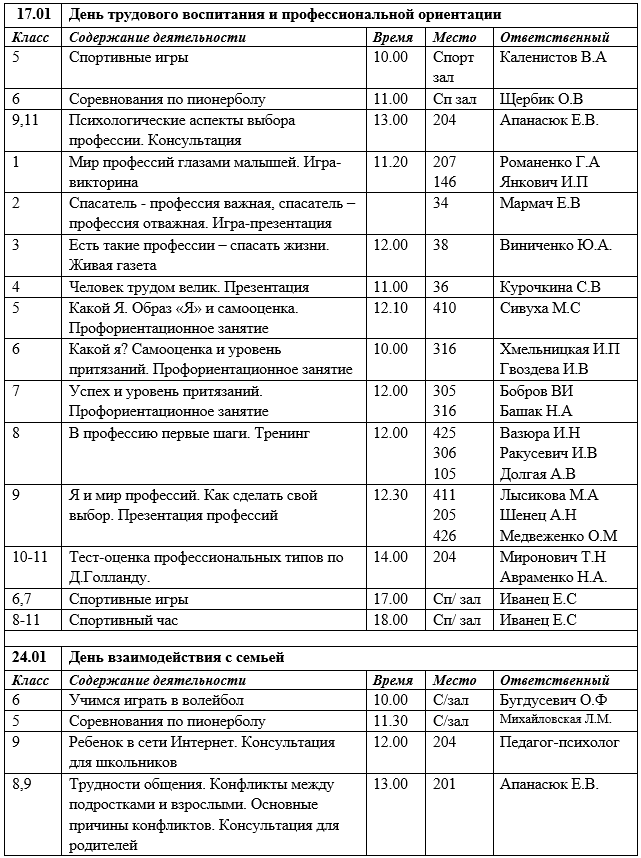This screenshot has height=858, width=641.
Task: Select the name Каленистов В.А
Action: [552, 57]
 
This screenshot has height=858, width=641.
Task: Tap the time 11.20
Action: [390, 160]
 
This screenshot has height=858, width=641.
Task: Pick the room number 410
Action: [444, 307]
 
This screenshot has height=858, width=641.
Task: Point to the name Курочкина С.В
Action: [550, 287]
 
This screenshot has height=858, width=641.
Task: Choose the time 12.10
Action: [390, 307]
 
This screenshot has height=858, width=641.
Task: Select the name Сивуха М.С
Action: [540, 307]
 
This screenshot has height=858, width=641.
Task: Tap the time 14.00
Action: [390, 557]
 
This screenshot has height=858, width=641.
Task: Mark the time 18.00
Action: [390, 620]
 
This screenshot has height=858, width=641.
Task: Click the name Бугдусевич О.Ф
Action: [553, 700]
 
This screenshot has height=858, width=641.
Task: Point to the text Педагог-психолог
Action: [559, 742]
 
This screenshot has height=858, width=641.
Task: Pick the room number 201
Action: [444, 784]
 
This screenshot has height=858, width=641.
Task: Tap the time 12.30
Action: [390, 494]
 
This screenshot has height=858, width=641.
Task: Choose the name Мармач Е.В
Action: [540, 202]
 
